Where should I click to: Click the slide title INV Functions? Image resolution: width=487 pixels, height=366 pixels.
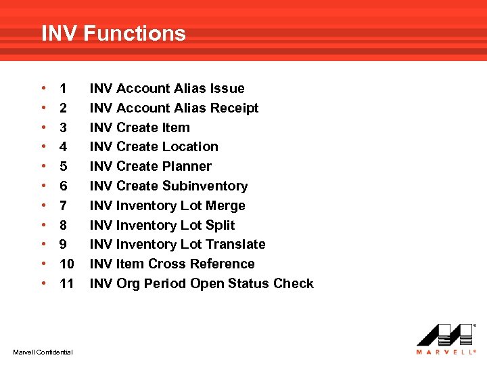[113, 33]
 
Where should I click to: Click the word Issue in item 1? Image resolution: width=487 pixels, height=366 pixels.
[228, 88]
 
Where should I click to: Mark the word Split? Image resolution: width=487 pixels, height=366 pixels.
[220, 225]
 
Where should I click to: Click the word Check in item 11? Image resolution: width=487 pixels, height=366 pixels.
[294, 283]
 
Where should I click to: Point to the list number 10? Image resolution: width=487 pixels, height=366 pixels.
[66, 264]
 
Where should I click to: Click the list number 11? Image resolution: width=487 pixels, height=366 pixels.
[66, 283]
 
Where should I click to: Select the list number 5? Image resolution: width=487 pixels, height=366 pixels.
[63, 166]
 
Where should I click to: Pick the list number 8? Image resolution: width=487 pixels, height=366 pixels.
[63, 225]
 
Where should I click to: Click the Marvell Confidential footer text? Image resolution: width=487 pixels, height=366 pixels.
[43, 350]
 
